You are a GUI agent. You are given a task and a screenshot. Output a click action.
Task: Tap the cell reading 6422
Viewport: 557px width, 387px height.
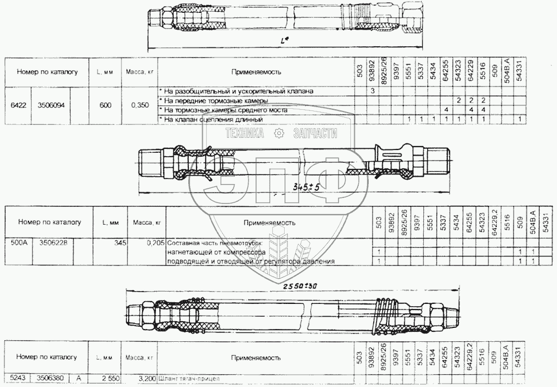(17, 104)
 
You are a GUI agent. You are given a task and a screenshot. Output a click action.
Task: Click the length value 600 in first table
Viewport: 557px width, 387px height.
(105, 104)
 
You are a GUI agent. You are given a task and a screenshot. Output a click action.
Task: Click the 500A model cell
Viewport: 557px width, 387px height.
(17, 243)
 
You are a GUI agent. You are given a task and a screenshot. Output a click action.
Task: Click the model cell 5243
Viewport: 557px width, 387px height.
(17, 378)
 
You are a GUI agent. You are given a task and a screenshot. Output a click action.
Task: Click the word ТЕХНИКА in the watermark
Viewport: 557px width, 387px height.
(244, 133)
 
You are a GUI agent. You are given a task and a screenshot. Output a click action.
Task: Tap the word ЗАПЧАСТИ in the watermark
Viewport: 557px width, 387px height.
(315, 133)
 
